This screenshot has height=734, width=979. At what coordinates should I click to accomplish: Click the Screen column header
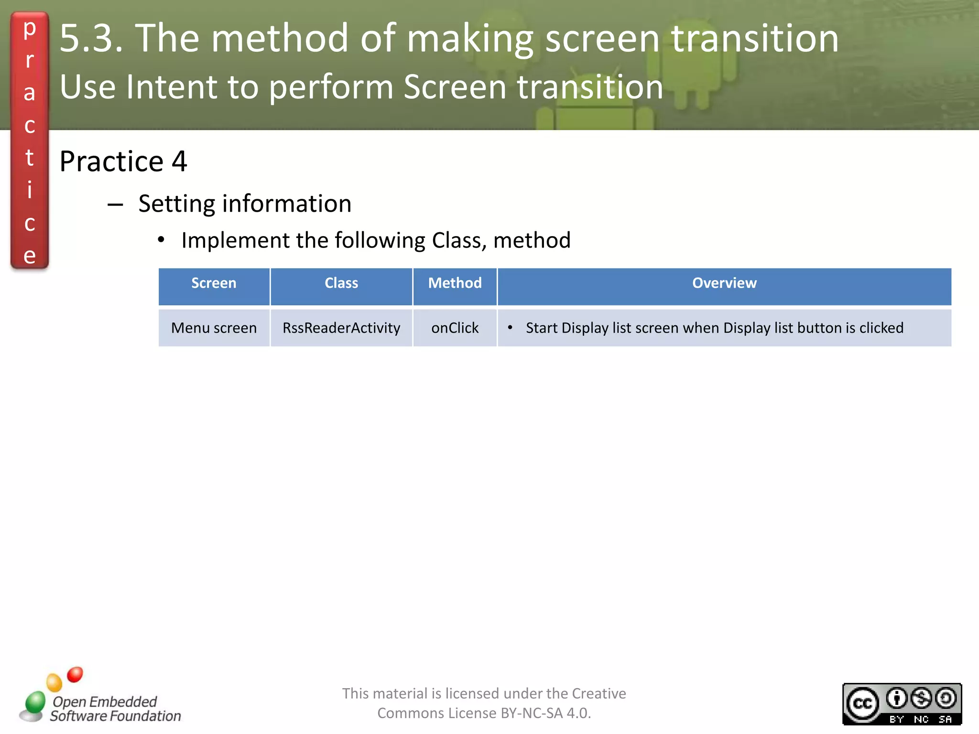[214, 283]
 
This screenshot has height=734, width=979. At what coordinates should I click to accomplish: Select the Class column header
[341, 283]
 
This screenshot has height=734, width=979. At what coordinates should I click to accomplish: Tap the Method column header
[455, 283]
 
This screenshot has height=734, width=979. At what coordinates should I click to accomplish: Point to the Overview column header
[724, 283]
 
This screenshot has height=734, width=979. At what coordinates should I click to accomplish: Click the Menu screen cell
[214, 328]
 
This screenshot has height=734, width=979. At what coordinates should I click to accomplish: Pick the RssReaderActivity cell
[341, 328]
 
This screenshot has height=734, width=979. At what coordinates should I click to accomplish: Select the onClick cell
[455, 328]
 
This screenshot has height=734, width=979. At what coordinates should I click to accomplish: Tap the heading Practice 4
[123, 162]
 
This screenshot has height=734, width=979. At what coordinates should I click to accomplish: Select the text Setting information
[245, 204]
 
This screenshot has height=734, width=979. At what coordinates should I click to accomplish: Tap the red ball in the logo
[75, 674]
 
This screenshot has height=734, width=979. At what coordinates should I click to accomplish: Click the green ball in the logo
[35, 702]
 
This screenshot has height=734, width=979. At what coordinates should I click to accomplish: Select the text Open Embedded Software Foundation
[115, 709]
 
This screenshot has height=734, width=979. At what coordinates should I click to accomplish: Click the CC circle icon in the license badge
[862, 703]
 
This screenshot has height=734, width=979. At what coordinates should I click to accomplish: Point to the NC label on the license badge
[921, 719]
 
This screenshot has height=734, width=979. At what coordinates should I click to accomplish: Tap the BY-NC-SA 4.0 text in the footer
[545, 713]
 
